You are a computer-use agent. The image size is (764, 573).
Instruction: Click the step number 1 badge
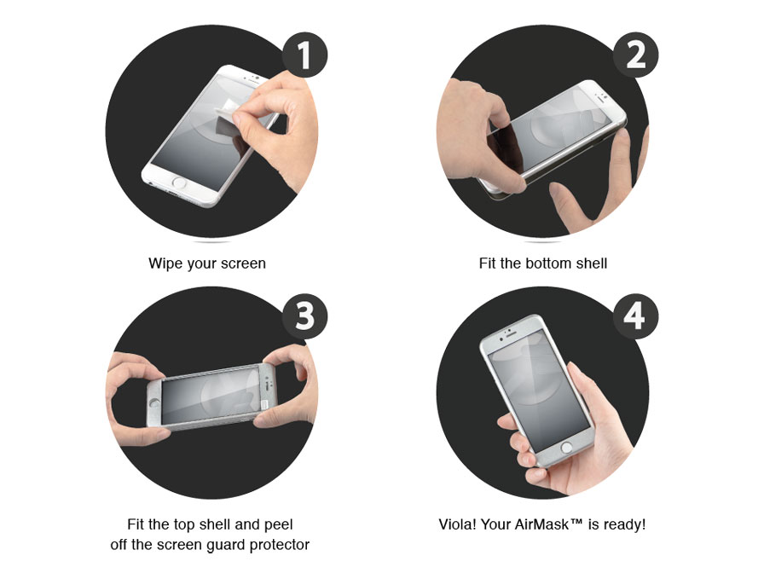304,55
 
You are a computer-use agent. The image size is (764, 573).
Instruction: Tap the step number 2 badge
635,55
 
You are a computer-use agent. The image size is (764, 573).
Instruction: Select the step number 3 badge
304,315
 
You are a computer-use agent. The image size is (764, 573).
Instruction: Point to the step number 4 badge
635,315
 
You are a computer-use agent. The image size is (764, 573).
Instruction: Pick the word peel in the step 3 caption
278,524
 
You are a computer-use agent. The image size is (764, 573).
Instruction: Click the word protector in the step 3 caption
279,545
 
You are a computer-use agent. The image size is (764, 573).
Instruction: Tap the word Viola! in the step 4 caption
457,524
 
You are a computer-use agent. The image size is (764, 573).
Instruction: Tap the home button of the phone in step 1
179,183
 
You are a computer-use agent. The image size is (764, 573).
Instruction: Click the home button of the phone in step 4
566,447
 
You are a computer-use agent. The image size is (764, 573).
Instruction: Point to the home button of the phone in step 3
155,403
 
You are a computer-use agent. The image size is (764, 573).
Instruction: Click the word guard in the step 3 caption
227,545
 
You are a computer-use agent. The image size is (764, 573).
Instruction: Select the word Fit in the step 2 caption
488,263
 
